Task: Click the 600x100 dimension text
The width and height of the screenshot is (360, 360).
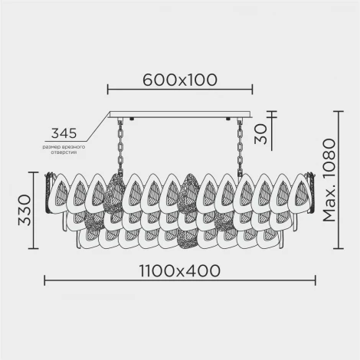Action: click(180, 78)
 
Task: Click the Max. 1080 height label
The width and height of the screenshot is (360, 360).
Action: click(329, 182)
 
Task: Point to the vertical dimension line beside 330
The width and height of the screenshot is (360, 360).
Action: click(32, 210)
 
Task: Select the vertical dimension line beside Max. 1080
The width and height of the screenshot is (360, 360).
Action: click(339, 181)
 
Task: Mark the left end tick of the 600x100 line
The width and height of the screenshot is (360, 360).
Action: click(107, 90)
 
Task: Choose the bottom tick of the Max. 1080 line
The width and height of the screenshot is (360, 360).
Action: click(339, 249)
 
